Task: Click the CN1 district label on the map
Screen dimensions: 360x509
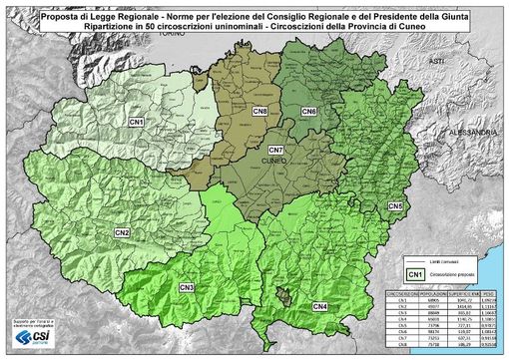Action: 137,121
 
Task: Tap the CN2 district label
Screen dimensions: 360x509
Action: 122,232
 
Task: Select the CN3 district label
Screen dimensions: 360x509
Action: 187,288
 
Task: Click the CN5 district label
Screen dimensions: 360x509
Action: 394,205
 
